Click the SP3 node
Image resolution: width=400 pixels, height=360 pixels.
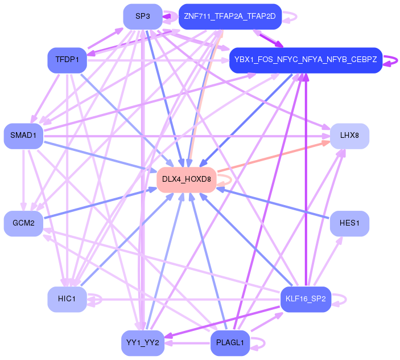coord(143,17)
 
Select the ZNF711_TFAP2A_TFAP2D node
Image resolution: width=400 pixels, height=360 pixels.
coord(230,17)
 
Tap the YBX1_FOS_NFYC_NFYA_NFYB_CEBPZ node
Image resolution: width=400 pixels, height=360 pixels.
coord(306,60)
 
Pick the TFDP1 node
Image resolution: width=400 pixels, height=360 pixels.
coord(67,60)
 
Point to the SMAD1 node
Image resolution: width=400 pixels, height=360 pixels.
coord(23,136)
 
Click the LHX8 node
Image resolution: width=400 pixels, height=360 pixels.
coord(349,136)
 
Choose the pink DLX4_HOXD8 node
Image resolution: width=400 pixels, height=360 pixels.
coord(186,179)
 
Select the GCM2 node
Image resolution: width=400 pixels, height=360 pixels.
coord(23,223)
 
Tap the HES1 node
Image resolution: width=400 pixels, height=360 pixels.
coord(349,223)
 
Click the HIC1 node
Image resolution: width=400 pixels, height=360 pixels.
coord(67,299)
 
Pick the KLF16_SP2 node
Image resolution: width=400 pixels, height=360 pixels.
coord(306,299)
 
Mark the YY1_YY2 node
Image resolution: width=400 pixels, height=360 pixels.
coord(143,343)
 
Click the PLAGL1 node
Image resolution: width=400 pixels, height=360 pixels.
coord(230,343)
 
